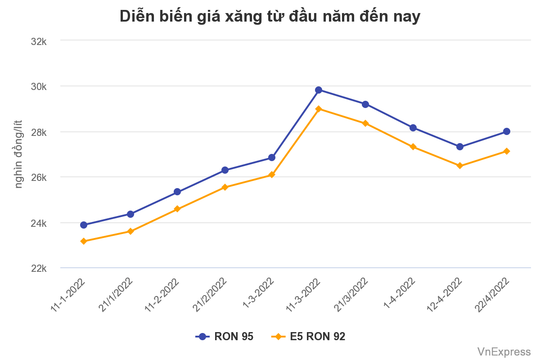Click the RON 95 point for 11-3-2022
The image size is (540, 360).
click(x=319, y=90)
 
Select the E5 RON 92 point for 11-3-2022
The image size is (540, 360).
click(x=319, y=109)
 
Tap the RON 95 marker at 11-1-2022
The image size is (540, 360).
click(x=84, y=225)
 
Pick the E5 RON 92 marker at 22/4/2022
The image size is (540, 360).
click(x=507, y=151)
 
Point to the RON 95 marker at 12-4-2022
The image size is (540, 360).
click(x=460, y=147)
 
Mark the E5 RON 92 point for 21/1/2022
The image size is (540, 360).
click(x=130, y=231)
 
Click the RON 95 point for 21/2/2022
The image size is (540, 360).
click(x=225, y=170)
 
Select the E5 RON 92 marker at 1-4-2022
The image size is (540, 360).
click(x=413, y=147)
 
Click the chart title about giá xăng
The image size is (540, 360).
click(x=270, y=17)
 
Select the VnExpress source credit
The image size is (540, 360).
click(x=504, y=351)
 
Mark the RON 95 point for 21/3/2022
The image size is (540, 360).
click(x=365, y=104)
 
